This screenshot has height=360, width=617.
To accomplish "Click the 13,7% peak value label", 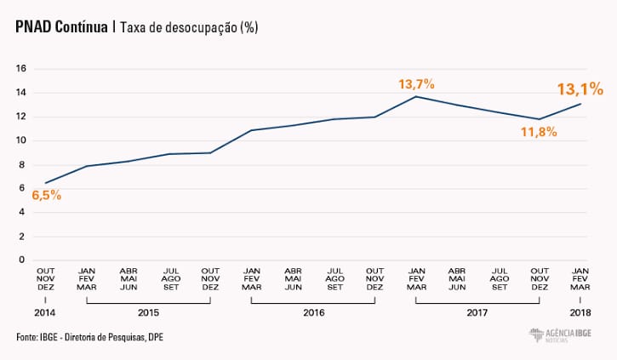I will [416, 83].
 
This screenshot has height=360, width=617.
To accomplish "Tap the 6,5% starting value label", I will [46, 195].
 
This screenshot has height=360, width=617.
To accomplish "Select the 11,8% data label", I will [539, 132].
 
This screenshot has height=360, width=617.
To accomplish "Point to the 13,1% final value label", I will [580, 89].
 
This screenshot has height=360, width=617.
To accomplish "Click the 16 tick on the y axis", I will [22, 68].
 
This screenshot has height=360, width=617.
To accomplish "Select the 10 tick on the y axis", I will [22, 140].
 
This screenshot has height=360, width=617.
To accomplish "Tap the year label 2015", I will [149, 313].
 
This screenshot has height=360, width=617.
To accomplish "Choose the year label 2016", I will [313, 313].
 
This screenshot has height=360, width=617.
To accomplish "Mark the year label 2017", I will [477, 313].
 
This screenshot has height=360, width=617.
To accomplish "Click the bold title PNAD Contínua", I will [62, 27].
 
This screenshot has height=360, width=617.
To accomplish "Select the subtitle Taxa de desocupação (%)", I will [189, 27].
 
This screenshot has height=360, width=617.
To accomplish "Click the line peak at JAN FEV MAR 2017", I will [416, 96].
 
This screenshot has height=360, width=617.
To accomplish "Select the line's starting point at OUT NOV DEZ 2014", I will [46, 183].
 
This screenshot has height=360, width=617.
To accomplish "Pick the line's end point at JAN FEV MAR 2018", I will [580, 104].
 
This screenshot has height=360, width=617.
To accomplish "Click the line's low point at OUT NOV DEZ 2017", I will [539, 119].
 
